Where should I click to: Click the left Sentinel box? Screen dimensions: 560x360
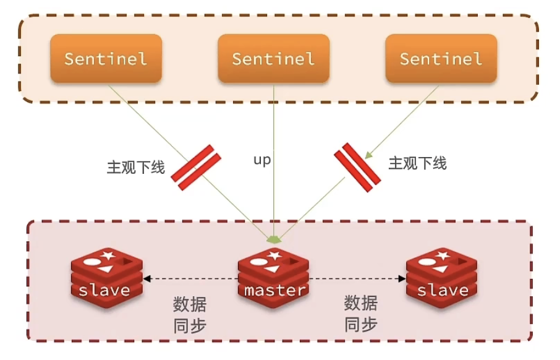[106, 59]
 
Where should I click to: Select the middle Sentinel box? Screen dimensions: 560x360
[274, 59]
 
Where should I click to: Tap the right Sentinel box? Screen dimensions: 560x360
[441, 59]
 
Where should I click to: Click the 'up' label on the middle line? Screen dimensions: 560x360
[262, 160]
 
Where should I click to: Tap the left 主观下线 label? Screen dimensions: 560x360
[136, 167]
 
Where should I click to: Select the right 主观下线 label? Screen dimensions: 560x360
[417, 163]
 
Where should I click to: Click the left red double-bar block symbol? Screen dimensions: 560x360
[196, 167]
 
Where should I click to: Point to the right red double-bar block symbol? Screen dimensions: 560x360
[357, 167]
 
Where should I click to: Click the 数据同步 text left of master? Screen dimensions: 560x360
[190, 315]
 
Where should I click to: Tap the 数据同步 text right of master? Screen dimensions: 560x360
[361, 314]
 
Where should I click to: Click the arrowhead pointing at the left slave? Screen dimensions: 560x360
[146, 278]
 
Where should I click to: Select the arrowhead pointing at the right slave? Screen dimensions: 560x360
[402, 278]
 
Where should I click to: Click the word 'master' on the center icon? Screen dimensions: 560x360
[274, 290]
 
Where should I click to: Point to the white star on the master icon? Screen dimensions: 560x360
[274, 255]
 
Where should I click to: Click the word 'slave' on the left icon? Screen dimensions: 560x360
[104, 290]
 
